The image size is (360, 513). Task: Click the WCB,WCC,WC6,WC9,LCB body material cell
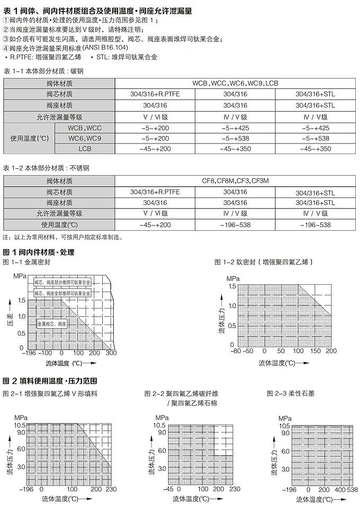235,84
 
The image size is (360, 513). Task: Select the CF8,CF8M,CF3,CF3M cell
235,181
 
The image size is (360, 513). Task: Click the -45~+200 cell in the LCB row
155,149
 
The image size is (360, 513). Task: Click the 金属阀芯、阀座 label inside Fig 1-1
52,322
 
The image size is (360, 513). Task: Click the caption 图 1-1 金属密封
26,262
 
